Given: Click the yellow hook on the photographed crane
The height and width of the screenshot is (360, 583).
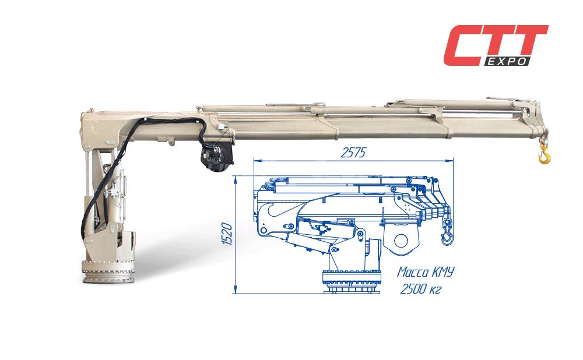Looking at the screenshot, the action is click(x=545, y=154).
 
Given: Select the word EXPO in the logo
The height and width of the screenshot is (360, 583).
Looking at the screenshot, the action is click(x=508, y=62).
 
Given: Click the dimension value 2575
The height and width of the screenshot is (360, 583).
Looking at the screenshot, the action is click(x=353, y=153).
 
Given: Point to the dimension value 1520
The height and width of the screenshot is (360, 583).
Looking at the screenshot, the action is click(x=227, y=234).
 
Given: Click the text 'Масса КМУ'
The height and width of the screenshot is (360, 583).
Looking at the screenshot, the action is click(x=426, y=272).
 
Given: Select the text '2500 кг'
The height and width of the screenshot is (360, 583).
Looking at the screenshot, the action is click(x=420, y=289).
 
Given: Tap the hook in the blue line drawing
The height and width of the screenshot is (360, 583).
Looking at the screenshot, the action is click(x=445, y=237).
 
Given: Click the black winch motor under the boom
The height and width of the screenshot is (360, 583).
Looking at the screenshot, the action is click(x=217, y=156).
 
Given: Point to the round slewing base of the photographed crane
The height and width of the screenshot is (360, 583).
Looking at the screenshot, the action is click(x=108, y=272).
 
